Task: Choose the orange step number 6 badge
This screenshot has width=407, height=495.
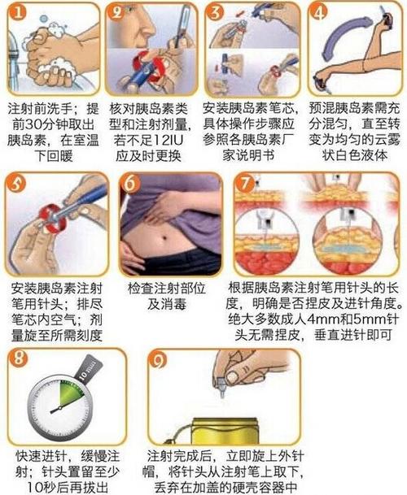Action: pos(130,184)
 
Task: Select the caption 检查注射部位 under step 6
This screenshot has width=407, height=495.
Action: pos(168,289)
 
